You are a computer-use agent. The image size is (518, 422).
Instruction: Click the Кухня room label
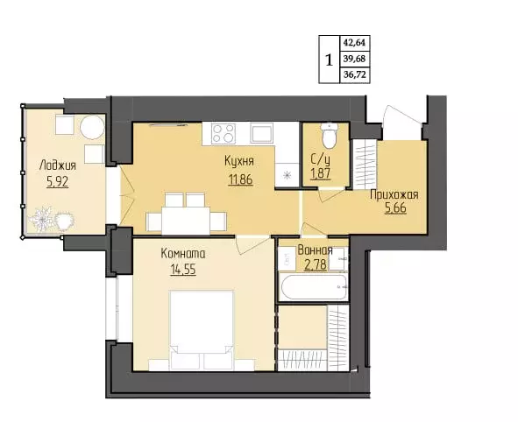(x=239, y=161)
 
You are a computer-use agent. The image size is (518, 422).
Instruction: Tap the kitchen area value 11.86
(x=240, y=179)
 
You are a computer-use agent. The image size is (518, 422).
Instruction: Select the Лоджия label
(x=58, y=165)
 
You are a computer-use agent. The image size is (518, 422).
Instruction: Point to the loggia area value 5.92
(x=58, y=181)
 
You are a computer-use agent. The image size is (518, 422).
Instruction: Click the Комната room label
(x=183, y=254)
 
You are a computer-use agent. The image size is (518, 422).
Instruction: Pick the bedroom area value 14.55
(x=183, y=270)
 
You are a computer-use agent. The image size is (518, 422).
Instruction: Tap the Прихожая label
(x=394, y=195)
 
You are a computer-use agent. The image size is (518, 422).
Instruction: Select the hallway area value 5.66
(x=395, y=209)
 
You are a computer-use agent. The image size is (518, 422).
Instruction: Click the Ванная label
(x=315, y=250)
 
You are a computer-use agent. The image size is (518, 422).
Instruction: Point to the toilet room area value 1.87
(x=321, y=173)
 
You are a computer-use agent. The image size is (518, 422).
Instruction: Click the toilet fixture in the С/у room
(x=329, y=136)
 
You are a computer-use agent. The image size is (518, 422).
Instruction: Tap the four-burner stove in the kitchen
(x=224, y=133)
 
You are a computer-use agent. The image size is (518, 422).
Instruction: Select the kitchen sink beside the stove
(x=262, y=133)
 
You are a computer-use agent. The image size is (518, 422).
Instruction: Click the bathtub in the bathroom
(x=313, y=286)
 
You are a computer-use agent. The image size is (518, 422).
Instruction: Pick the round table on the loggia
(x=93, y=128)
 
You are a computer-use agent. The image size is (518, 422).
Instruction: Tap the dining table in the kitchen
(x=186, y=220)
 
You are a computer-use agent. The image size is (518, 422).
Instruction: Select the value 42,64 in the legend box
(x=354, y=43)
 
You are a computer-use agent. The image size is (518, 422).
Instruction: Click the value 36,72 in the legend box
(x=354, y=75)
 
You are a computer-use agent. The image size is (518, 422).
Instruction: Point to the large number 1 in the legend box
(x=329, y=60)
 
